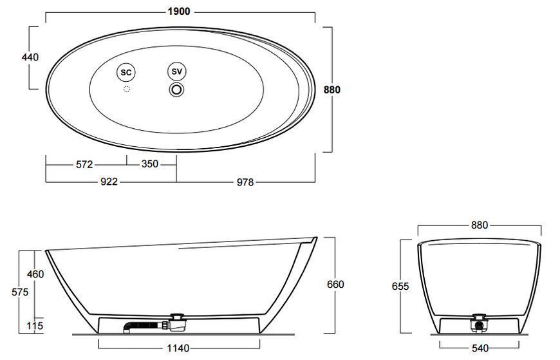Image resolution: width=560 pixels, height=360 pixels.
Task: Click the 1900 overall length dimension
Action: click(x=179, y=12)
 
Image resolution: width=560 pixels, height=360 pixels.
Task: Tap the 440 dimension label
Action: click(x=30, y=57)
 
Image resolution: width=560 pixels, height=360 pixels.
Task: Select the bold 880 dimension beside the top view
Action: click(x=331, y=90)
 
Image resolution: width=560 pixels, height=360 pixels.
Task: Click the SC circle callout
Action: click(x=126, y=73)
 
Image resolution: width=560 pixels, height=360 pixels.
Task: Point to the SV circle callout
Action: click(x=177, y=71)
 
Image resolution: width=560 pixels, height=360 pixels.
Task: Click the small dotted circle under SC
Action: click(x=126, y=89)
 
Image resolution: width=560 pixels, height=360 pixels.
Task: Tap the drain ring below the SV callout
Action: click(x=176, y=90)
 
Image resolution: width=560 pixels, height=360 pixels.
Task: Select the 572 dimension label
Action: click(x=84, y=164)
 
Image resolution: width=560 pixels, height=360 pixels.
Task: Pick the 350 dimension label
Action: click(x=149, y=164)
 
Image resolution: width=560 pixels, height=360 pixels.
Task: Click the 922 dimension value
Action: click(x=109, y=182)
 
